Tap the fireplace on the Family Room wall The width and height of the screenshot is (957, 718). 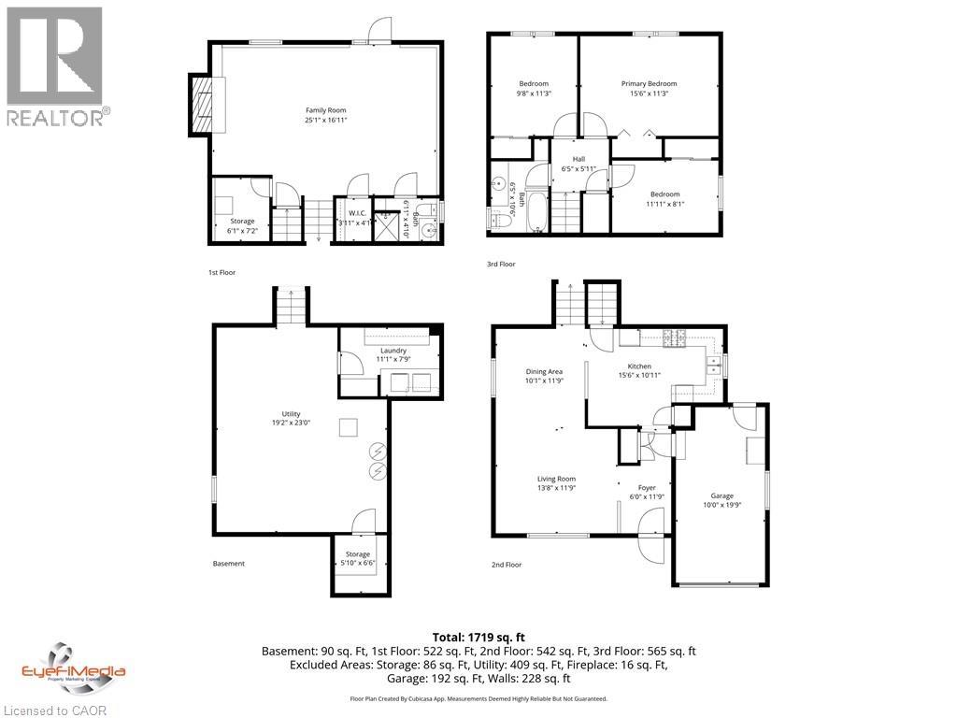(202, 105)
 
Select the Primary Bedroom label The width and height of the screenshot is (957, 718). (649, 84)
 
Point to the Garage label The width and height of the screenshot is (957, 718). (721, 495)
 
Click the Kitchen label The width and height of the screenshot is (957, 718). (639, 366)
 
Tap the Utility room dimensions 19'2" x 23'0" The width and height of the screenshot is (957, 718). (291, 422)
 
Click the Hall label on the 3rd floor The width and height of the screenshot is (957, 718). (578, 159)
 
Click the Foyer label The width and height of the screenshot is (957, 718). (647, 488)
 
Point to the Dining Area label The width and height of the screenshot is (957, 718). (543, 371)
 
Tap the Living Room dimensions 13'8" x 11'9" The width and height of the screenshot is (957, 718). (555, 488)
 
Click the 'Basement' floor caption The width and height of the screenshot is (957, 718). (228, 564)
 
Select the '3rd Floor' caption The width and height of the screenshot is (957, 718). (501, 265)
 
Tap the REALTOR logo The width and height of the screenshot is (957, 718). (56, 65)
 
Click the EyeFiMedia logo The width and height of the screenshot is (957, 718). (73, 667)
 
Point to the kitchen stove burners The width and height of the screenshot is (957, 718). (675, 337)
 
